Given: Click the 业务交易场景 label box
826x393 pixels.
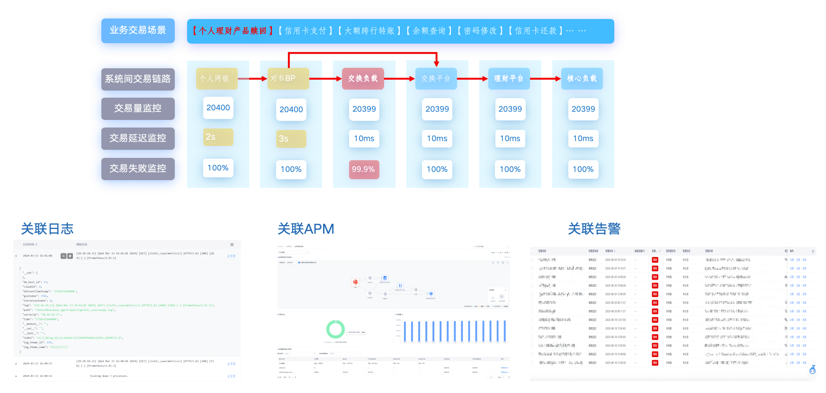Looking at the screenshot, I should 138,31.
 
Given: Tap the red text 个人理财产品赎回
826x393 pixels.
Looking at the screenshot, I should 232,31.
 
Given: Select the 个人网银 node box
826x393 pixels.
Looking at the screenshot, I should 216,79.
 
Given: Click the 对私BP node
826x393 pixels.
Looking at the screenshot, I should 288,79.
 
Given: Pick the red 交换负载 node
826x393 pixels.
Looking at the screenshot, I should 363,79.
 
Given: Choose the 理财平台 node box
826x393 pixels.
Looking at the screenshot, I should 509,79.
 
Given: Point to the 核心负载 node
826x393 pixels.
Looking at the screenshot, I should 582,79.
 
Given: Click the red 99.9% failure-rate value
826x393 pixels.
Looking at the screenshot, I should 363,169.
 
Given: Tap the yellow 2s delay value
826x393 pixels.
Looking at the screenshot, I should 218,137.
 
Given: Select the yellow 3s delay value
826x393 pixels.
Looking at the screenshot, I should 291,139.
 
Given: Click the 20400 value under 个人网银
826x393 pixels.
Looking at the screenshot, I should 218,108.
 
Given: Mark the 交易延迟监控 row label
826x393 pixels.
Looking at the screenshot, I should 138,138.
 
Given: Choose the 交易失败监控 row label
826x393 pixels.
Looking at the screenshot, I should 138,169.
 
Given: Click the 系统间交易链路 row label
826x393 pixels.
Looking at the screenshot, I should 138,79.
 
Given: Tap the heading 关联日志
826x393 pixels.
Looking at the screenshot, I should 47,229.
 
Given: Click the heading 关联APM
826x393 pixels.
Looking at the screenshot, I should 305,229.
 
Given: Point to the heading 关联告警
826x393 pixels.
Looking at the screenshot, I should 594,229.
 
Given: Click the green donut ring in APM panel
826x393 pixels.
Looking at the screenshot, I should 335,329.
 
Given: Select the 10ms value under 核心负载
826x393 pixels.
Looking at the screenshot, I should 583,138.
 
